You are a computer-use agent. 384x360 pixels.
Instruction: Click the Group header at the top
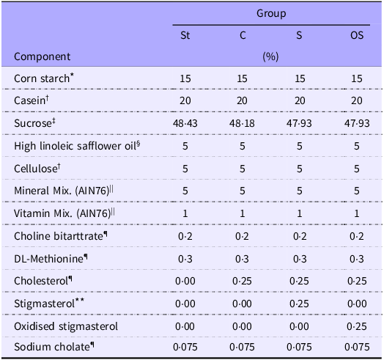click(x=270, y=13)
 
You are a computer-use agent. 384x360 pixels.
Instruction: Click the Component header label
click(x=42, y=56)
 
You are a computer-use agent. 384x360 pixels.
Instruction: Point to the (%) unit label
click(x=270, y=56)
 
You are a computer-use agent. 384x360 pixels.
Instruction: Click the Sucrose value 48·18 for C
click(x=242, y=120)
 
